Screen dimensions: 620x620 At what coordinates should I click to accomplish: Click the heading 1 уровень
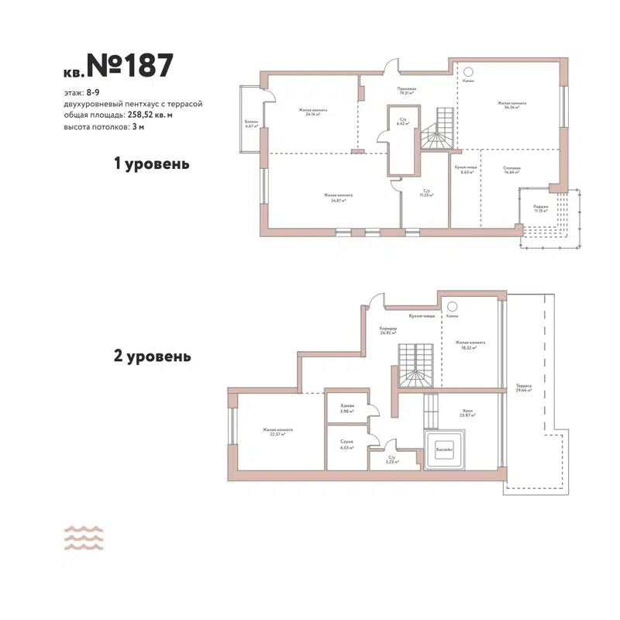click(152, 164)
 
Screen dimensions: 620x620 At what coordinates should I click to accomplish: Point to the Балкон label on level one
click(250, 123)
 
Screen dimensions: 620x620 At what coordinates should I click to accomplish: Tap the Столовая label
click(511, 170)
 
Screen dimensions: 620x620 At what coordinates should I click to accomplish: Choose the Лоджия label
click(540, 208)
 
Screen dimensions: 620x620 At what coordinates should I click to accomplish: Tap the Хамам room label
click(346, 408)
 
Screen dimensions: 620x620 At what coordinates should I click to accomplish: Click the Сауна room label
click(346, 443)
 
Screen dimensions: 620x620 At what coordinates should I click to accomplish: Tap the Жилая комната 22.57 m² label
click(277, 432)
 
